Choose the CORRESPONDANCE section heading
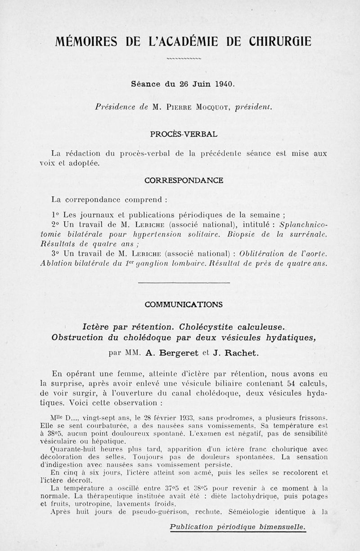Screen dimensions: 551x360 pos(184,181)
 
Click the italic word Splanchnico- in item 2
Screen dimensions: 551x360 pos(303,224)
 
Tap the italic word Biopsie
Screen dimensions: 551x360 pos(243,234)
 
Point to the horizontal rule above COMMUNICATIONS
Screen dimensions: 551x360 pos(184,283)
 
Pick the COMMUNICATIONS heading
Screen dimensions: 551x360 pos(184,304)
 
